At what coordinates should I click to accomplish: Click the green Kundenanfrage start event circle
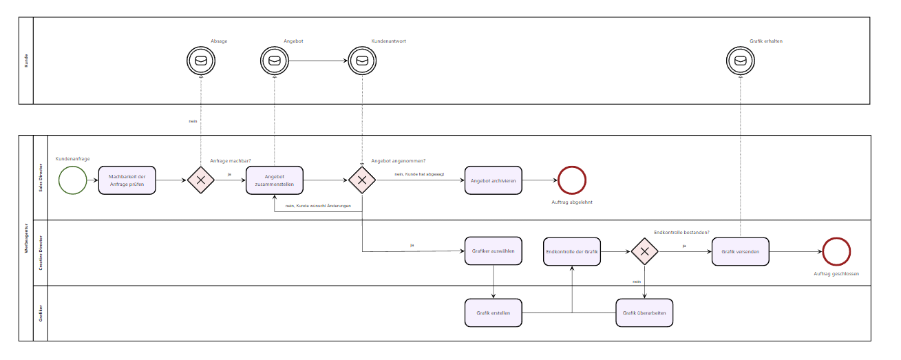click(x=73, y=180)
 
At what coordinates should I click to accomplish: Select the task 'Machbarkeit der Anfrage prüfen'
click(x=127, y=180)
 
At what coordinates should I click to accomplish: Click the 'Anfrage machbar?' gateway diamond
click(x=201, y=180)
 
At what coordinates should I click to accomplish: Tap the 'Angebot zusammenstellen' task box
click(x=275, y=180)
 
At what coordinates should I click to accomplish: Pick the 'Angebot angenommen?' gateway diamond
click(x=362, y=180)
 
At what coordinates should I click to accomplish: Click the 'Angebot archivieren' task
click(x=493, y=180)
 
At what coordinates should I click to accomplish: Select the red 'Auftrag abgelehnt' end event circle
click(x=571, y=180)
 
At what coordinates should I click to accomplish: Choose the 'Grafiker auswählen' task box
click(x=494, y=251)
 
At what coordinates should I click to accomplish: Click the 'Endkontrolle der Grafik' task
click(x=572, y=252)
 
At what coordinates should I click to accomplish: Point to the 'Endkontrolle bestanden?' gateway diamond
click(x=645, y=252)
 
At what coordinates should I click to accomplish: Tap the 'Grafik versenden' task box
click(x=740, y=252)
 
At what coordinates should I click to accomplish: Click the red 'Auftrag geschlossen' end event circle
click(x=836, y=252)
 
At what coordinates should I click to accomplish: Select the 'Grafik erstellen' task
click(x=494, y=313)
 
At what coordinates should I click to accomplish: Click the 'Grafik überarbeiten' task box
click(x=644, y=313)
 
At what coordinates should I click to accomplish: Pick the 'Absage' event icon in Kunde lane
click(x=201, y=61)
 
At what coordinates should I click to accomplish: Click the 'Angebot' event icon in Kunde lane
click(x=275, y=61)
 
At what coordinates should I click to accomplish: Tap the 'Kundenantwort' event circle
click(x=362, y=61)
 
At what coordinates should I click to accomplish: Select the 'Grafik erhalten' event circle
click(x=741, y=61)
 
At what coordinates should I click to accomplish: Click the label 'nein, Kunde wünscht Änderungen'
click(x=319, y=206)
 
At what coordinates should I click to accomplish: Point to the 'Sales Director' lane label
click(x=41, y=178)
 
